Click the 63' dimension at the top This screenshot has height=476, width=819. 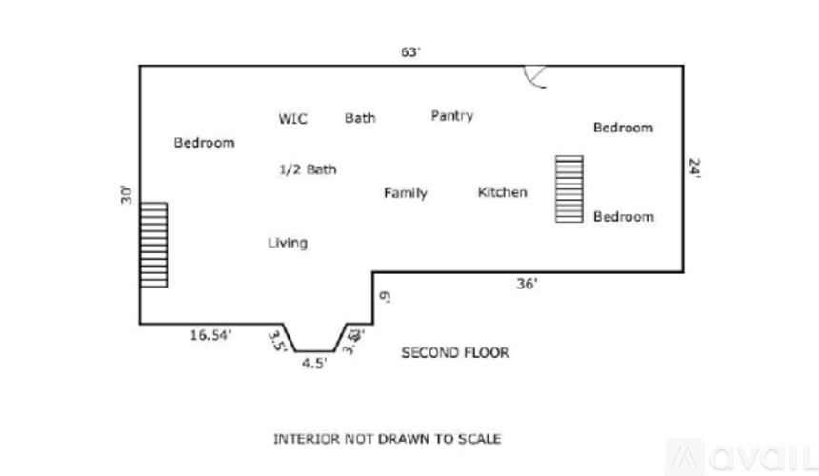410,52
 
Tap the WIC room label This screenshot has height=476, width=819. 292,119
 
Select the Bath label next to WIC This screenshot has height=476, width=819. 360,118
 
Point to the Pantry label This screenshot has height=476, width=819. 451,115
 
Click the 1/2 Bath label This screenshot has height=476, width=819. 307,169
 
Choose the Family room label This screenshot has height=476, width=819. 405,193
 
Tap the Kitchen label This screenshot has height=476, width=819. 502,192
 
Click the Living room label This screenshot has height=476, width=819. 287,243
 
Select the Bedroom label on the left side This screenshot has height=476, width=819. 204,143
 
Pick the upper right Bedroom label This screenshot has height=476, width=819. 623,128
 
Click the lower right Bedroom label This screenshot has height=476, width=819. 623,217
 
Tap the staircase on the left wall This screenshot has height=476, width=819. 153,245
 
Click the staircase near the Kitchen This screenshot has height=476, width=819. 569,188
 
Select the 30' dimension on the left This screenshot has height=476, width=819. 126,194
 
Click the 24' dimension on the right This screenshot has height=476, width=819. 695,169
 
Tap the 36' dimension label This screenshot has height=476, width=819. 527,283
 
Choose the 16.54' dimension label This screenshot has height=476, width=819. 210,334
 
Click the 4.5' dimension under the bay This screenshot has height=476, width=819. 314,363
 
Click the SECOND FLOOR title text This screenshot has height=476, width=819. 454,352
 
